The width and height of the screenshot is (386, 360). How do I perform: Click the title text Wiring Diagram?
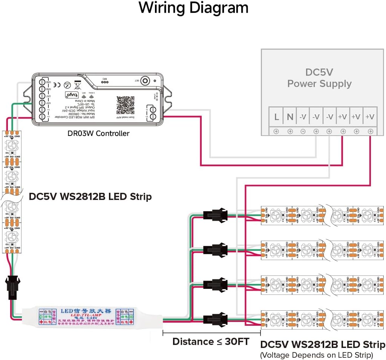click(x=193, y=8)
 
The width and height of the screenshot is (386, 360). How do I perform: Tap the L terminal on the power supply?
click(x=276, y=117)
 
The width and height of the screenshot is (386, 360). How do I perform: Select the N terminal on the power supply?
click(x=290, y=117)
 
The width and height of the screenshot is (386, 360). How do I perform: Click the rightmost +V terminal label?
click(x=370, y=117)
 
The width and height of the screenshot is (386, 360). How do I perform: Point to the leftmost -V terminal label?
click(x=303, y=117)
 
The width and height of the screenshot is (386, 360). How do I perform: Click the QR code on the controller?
click(x=125, y=105)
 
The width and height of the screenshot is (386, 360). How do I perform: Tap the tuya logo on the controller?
click(x=75, y=95)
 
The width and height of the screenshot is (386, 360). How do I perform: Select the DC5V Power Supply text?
click(x=319, y=78)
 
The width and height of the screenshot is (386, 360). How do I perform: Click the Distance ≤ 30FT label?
click(x=211, y=342)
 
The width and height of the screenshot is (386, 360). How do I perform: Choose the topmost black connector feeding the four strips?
click(x=214, y=215)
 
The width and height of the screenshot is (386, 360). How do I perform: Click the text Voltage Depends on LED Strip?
click(x=316, y=355)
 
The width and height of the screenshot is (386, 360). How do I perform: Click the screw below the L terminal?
click(x=276, y=131)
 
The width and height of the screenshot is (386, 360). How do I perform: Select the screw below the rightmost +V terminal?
click(x=371, y=131)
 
